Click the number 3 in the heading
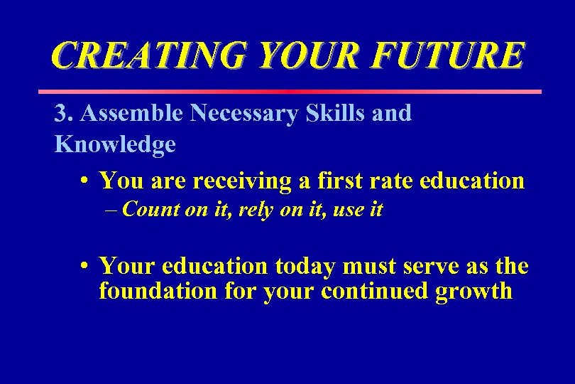(61, 114)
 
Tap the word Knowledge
(115, 145)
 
